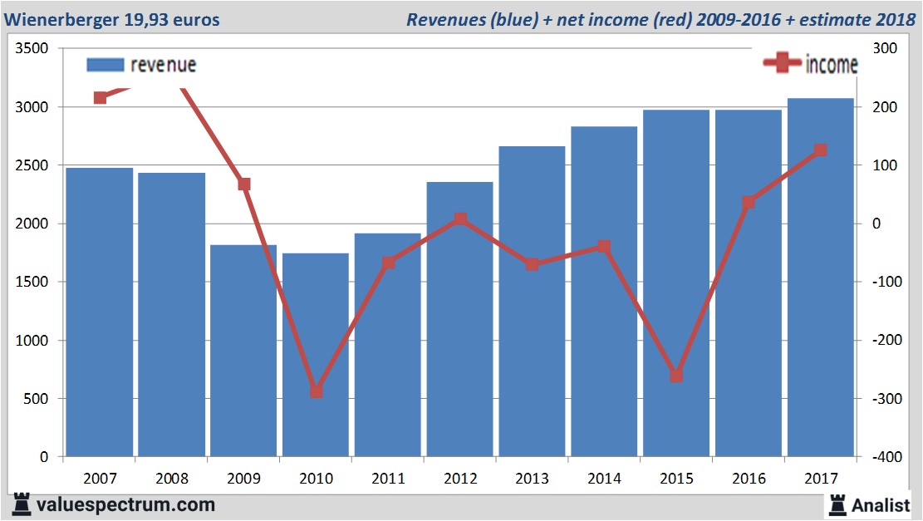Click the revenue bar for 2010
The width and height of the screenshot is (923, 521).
coord(316,357)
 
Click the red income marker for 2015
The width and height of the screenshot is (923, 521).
coord(676,376)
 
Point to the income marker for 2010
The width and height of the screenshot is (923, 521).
coord(317,391)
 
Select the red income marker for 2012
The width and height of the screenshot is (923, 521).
coord(460,219)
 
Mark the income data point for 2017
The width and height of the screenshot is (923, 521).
coord(820,150)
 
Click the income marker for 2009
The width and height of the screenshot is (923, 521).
coord(244,184)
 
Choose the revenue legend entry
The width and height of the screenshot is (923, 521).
coord(141,65)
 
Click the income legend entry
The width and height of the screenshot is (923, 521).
coord(809,64)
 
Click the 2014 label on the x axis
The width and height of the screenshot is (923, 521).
coord(604,479)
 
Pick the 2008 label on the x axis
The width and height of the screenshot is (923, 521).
coord(172,479)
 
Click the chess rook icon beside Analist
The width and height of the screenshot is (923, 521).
coord(837,504)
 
